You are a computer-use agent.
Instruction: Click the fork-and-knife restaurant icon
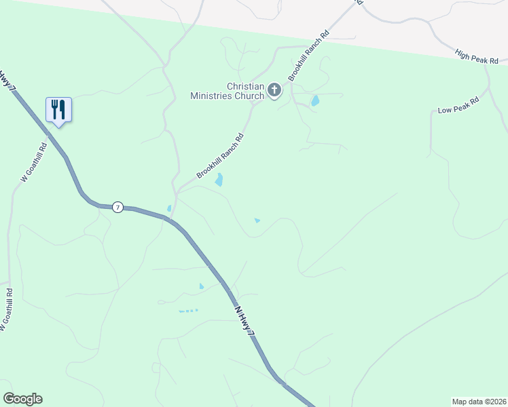point(58,109)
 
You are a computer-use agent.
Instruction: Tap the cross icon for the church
point(274,90)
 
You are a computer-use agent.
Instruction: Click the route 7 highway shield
point(117,207)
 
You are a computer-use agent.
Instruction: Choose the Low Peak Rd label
point(458,105)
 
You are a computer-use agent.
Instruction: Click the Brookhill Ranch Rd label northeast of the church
point(308,56)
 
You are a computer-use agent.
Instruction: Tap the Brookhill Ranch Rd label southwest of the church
point(220,156)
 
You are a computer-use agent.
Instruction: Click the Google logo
point(23,399)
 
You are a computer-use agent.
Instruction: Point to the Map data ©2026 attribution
point(479,402)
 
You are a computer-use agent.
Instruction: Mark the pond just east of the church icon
point(315,101)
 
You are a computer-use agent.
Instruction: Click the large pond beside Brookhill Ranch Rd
point(219,180)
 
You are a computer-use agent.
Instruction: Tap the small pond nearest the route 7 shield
point(169,208)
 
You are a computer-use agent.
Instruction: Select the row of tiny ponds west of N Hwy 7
point(188,311)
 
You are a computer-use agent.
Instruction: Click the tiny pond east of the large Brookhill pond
point(257,220)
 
